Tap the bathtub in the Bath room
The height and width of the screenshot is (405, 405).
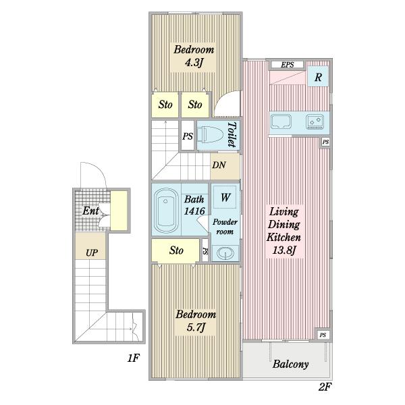coord(165,211)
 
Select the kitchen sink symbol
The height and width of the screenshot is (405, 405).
coord(281,122)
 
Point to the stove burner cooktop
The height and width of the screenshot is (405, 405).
coord(315,122)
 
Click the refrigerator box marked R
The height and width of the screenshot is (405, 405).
coord(318,76)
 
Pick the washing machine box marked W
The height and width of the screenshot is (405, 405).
coord(225,197)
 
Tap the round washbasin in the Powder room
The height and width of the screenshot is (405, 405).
coord(225,253)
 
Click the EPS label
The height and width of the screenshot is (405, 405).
coord(288,65)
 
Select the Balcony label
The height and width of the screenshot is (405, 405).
coord(290,364)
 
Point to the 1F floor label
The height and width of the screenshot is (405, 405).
coord(134,358)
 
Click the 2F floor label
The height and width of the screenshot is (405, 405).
coord(325,387)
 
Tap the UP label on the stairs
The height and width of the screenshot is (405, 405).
coord(92,252)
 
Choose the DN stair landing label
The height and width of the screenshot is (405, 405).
coord(219,165)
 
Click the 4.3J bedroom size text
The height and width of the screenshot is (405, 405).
coord(193,63)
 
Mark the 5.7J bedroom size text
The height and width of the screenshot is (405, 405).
coord(196,327)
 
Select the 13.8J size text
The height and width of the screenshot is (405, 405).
coord(284,250)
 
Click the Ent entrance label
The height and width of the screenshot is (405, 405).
coord(90,211)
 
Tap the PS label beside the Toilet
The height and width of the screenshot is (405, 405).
coord(188,136)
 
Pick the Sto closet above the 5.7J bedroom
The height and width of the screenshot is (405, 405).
coord(175,250)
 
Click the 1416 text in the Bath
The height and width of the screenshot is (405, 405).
coord(194,211)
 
